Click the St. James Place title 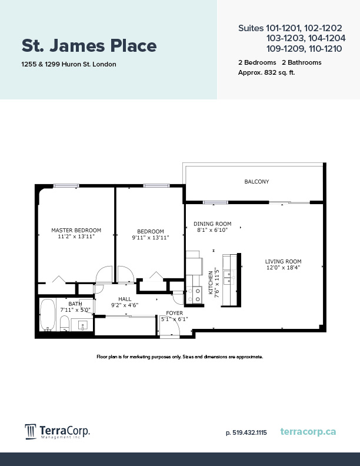(x=89, y=45)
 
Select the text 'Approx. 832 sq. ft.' (x=267, y=72)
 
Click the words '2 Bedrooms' (x=257, y=62)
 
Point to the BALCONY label (x=256, y=182)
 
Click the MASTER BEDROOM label (x=76, y=230)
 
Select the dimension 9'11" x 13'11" (x=151, y=238)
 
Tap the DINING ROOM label (x=212, y=224)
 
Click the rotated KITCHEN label (x=211, y=282)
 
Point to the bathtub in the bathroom (x=48, y=315)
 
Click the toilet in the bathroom (x=65, y=323)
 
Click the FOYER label (x=174, y=313)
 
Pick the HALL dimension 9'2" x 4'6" (x=125, y=305)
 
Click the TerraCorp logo (x=57, y=432)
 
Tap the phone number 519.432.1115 (x=246, y=432)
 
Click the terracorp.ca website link (x=308, y=432)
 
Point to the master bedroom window (x=66, y=186)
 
